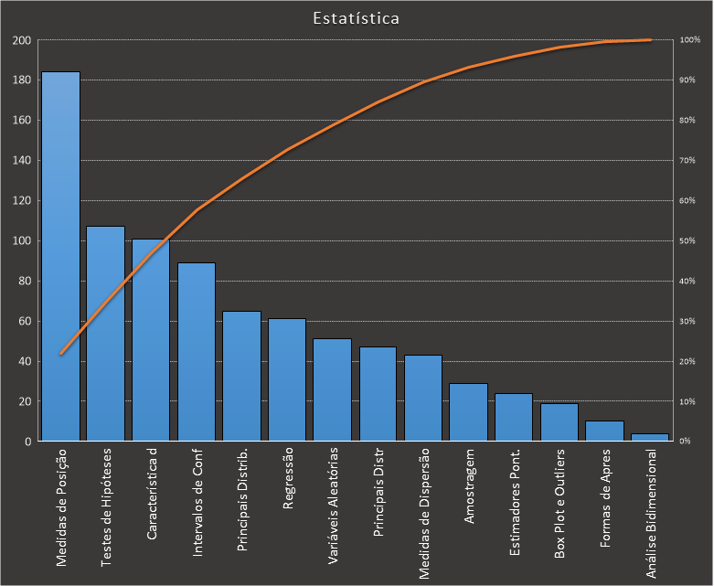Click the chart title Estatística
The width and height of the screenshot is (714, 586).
click(356, 18)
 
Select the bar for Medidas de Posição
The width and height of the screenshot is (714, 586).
click(60, 256)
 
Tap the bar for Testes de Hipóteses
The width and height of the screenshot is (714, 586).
click(105, 334)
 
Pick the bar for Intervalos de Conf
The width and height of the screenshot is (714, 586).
click(197, 352)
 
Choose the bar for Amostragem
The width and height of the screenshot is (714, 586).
click(468, 412)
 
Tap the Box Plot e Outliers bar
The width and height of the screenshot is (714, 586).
click(559, 422)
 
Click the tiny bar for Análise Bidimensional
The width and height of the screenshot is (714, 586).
click(650, 438)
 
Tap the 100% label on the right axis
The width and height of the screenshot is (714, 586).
click(689, 40)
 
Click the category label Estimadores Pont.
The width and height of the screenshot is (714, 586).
click(515, 501)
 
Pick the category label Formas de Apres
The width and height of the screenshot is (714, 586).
click(605, 498)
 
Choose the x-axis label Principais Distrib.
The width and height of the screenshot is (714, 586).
click(242, 500)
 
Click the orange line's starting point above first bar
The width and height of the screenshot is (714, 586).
click(61, 354)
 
